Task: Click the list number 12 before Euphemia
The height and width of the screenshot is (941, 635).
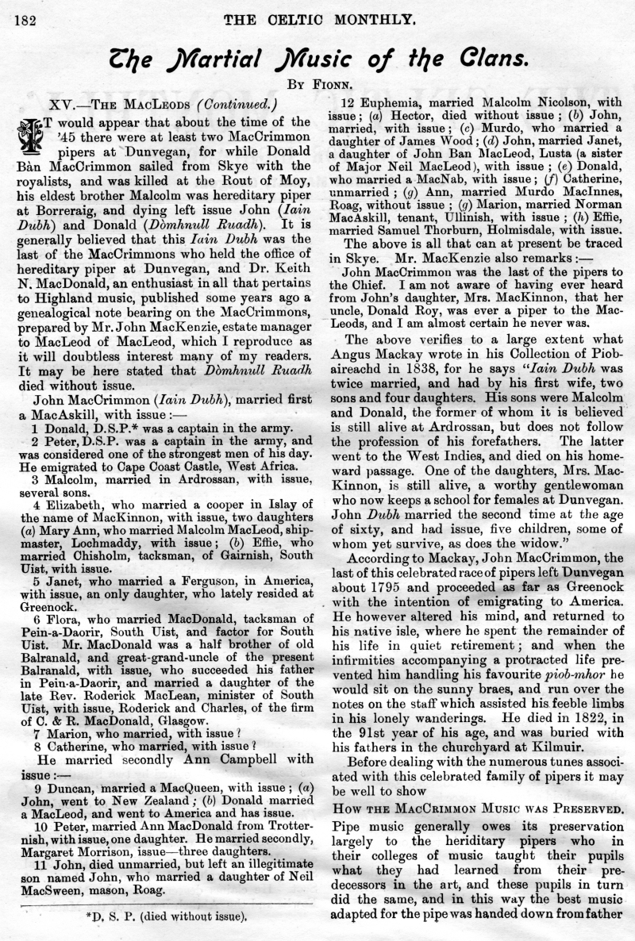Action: pyautogui.click(x=348, y=102)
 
